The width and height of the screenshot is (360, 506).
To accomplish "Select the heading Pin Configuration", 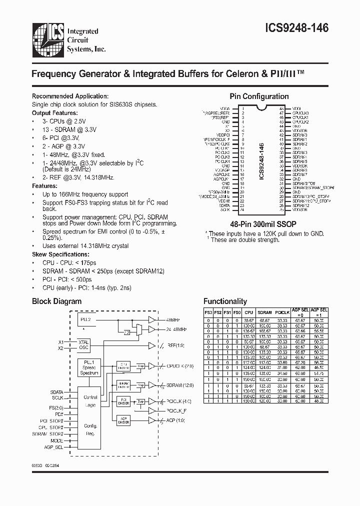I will (x=258, y=96).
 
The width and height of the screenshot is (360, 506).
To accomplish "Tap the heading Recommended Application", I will (x=70, y=96).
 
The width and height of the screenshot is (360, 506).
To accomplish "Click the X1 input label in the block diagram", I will (x=60, y=341).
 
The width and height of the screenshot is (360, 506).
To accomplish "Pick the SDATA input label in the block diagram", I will (x=57, y=392).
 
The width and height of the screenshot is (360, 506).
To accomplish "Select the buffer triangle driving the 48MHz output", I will (x=152, y=319).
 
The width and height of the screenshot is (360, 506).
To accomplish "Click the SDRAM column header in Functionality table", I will (x=264, y=312).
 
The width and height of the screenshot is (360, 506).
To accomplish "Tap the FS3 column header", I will (x=208, y=312).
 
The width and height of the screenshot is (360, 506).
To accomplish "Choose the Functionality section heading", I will (x=225, y=301).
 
